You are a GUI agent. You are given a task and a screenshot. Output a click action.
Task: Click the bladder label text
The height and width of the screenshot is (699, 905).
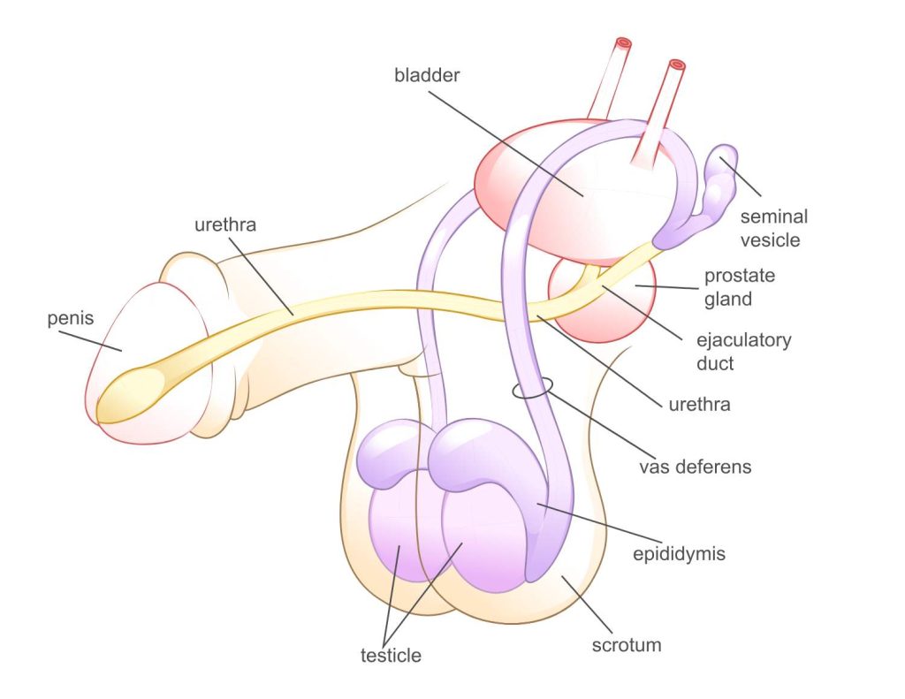427,75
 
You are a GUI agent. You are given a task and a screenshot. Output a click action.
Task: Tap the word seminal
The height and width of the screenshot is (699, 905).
774,217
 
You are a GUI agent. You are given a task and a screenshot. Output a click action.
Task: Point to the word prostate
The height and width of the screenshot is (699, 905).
740,276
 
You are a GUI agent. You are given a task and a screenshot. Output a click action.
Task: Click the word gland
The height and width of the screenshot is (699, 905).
728,299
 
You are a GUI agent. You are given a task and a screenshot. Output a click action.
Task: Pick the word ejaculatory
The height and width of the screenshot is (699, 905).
743,340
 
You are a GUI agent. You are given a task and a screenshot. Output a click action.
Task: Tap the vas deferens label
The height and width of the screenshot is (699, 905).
695,467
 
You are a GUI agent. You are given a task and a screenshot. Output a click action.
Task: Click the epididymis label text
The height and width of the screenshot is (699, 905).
680,554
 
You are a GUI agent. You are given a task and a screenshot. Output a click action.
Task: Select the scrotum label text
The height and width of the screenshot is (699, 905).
626,644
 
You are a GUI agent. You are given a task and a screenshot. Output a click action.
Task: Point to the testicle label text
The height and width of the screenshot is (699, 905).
391,656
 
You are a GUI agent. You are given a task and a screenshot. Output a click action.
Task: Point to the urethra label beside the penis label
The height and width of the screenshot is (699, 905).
225,224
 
